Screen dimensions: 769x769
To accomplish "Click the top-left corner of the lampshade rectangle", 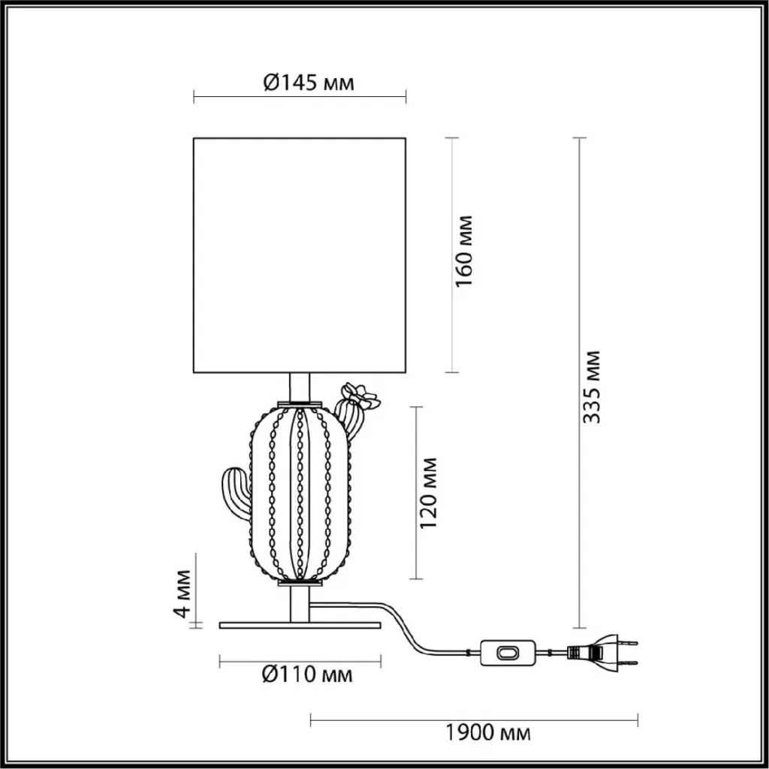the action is click(x=194, y=138).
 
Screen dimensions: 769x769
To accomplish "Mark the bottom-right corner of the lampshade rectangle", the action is click(x=406, y=372).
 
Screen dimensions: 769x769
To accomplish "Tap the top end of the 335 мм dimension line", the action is click(x=580, y=138).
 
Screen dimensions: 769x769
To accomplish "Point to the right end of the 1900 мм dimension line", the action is click(x=638, y=720).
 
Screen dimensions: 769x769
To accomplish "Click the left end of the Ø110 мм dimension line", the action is click(x=220, y=662).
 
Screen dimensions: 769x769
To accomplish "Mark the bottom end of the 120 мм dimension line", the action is click(x=416, y=579).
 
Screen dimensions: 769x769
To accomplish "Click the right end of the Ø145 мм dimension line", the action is click(x=406, y=97).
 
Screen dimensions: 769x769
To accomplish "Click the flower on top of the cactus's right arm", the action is click(x=361, y=395).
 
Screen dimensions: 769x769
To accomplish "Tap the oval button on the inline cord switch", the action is click(x=507, y=653).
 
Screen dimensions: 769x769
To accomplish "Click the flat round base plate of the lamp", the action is click(x=300, y=626).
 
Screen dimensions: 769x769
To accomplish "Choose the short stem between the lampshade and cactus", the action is click(x=300, y=387).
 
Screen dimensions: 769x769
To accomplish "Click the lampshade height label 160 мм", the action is click(x=464, y=251).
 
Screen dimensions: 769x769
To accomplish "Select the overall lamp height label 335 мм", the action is click(x=592, y=387).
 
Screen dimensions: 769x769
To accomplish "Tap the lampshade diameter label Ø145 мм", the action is click(x=309, y=83).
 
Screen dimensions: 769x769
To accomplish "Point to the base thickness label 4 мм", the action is click(x=183, y=593).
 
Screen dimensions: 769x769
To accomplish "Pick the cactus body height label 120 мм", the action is click(x=428, y=493).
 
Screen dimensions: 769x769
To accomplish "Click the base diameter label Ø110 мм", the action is click(x=307, y=674).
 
